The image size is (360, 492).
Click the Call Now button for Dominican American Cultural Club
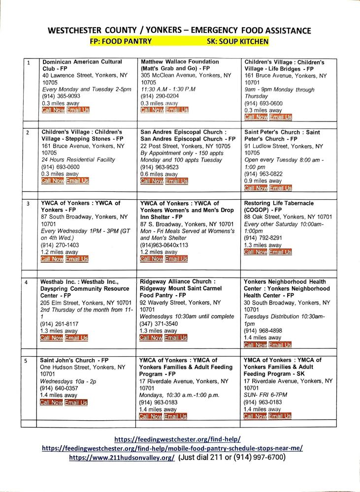53,110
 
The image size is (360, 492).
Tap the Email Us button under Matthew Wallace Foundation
177,110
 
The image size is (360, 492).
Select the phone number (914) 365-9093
62,96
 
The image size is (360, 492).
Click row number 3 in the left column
29,204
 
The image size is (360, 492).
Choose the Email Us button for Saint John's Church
76,402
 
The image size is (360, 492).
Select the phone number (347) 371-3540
159,324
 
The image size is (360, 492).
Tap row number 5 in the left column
29,361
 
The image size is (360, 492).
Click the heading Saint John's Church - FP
74,360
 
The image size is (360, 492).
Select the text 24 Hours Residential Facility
78,159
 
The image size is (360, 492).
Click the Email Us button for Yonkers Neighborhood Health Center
280,345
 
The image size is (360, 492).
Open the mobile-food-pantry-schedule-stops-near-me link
172,448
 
